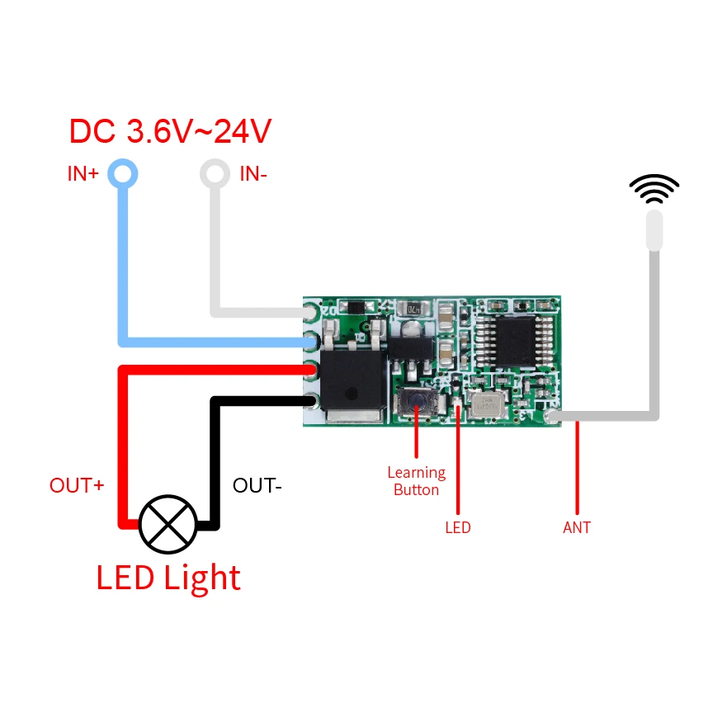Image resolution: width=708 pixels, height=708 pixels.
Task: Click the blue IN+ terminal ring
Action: (x=124, y=174)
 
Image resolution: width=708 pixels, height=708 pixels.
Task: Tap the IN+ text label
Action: (x=83, y=174)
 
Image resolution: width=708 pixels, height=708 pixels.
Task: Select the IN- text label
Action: (x=253, y=174)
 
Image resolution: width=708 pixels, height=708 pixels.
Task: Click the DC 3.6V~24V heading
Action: (x=170, y=131)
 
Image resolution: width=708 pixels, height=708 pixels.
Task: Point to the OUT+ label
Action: (x=77, y=485)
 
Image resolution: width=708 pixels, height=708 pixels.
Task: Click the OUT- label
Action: (x=257, y=485)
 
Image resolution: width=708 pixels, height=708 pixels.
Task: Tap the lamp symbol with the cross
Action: (x=168, y=524)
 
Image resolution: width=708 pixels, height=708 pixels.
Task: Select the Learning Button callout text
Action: (x=416, y=481)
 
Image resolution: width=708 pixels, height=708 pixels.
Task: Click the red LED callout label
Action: (x=457, y=527)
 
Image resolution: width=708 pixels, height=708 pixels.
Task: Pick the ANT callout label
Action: (x=577, y=527)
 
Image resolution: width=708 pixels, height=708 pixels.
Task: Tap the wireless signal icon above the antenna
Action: (x=654, y=189)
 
